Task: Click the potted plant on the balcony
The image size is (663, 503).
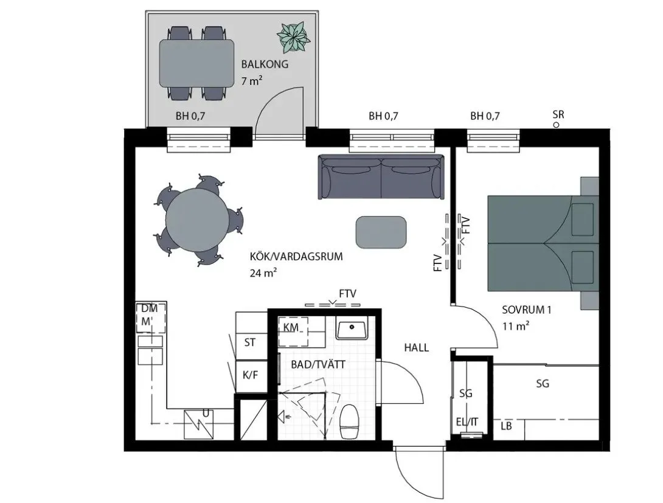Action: tap(293, 38)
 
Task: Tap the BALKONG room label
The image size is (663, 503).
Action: tap(265, 64)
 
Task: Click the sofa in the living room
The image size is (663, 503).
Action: tap(381, 176)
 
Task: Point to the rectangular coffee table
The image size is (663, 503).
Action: tap(381, 232)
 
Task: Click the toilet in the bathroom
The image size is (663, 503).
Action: tap(349, 421)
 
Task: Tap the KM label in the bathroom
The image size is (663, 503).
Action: tap(291, 327)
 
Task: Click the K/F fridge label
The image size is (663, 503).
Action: tap(251, 375)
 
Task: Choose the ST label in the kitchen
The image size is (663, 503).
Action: tap(250, 342)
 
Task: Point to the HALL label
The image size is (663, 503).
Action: tap(417, 348)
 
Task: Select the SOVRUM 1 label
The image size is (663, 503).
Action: tap(526, 310)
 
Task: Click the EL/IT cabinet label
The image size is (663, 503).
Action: tap(467, 421)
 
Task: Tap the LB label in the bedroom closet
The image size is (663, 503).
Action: tap(506, 426)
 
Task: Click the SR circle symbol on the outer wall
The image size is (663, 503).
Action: tap(557, 125)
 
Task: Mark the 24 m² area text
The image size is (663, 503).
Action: tap(263, 272)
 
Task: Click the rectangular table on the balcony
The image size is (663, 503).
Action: tap(196, 63)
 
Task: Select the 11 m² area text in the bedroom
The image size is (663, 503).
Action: tap(515, 326)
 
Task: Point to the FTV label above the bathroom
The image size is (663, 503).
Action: tap(347, 293)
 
